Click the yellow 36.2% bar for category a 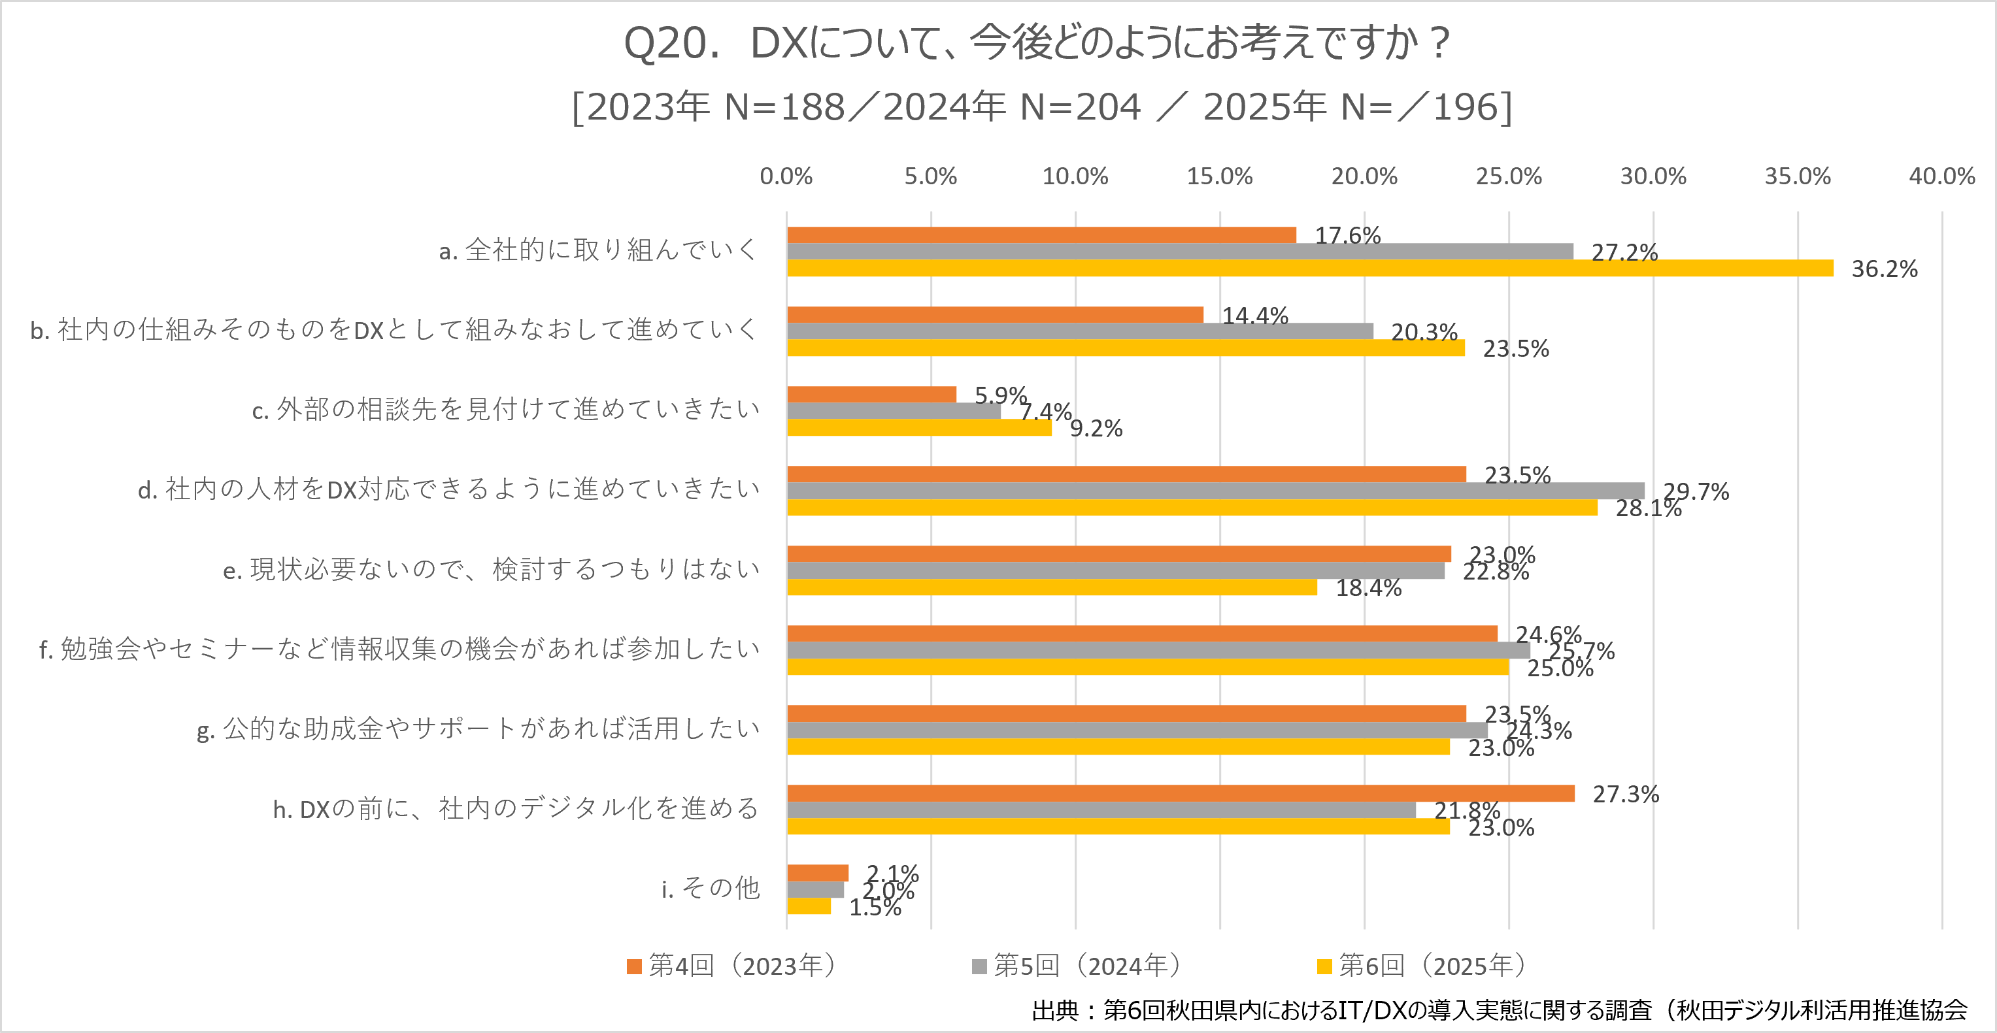click(x=1310, y=268)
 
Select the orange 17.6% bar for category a click(x=1041, y=235)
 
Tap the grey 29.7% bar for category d click(x=1216, y=491)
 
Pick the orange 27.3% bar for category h click(x=1181, y=793)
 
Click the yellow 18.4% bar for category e click(x=1052, y=587)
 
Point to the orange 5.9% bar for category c click(x=871, y=395)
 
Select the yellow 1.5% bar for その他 click(x=809, y=906)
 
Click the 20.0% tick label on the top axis click(x=1364, y=176)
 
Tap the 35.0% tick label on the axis click(x=1797, y=176)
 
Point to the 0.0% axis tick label click(x=786, y=176)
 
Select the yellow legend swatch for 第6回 click(x=1324, y=966)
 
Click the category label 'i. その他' click(x=710, y=888)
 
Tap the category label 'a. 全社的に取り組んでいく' click(x=597, y=250)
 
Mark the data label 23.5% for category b click(x=1516, y=349)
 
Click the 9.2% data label click(x=1096, y=429)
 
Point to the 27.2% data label click(x=1624, y=253)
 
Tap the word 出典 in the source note click(x=1054, y=1009)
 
